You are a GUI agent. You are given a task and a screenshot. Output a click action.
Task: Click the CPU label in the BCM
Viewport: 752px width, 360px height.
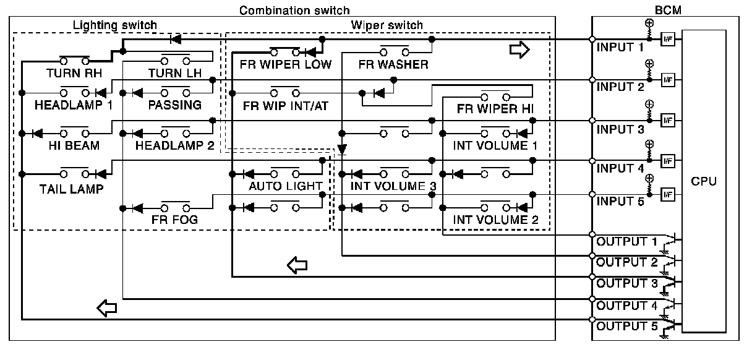(x=704, y=181)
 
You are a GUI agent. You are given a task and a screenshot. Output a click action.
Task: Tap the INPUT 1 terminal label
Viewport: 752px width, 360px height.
(x=621, y=47)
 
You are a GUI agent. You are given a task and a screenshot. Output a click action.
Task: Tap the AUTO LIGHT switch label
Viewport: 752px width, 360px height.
(x=285, y=186)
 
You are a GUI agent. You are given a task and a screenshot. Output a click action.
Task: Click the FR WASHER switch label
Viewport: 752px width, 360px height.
(x=393, y=64)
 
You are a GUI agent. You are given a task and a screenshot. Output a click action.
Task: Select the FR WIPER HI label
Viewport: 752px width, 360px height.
(x=495, y=109)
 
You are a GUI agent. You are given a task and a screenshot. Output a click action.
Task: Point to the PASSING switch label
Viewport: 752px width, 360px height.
(x=174, y=105)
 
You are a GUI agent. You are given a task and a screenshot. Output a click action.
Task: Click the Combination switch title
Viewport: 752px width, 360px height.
(x=294, y=11)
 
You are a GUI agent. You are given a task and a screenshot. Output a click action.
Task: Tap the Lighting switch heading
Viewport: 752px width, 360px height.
(x=115, y=25)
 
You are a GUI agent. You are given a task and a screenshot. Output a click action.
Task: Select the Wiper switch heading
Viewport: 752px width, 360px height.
(x=387, y=25)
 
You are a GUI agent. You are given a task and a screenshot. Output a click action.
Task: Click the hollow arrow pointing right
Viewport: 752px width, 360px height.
(x=519, y=49)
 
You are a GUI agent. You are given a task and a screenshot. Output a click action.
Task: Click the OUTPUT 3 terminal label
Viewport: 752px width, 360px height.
(x=626, y=283)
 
